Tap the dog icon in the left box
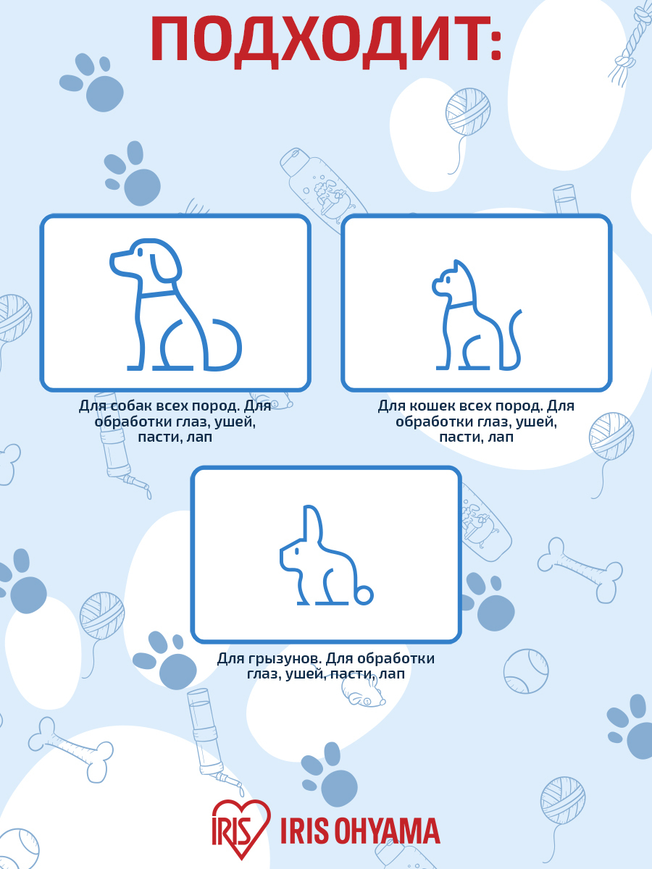(175, 304)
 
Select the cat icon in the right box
(477, 315)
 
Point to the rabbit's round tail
(363, 595)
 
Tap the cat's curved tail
(514, 340)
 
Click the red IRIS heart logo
(241, 824)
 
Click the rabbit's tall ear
(312, 523)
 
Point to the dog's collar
(157, 295)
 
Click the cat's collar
(461, 304)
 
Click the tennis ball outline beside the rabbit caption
(526, 671)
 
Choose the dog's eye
(141, 252)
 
